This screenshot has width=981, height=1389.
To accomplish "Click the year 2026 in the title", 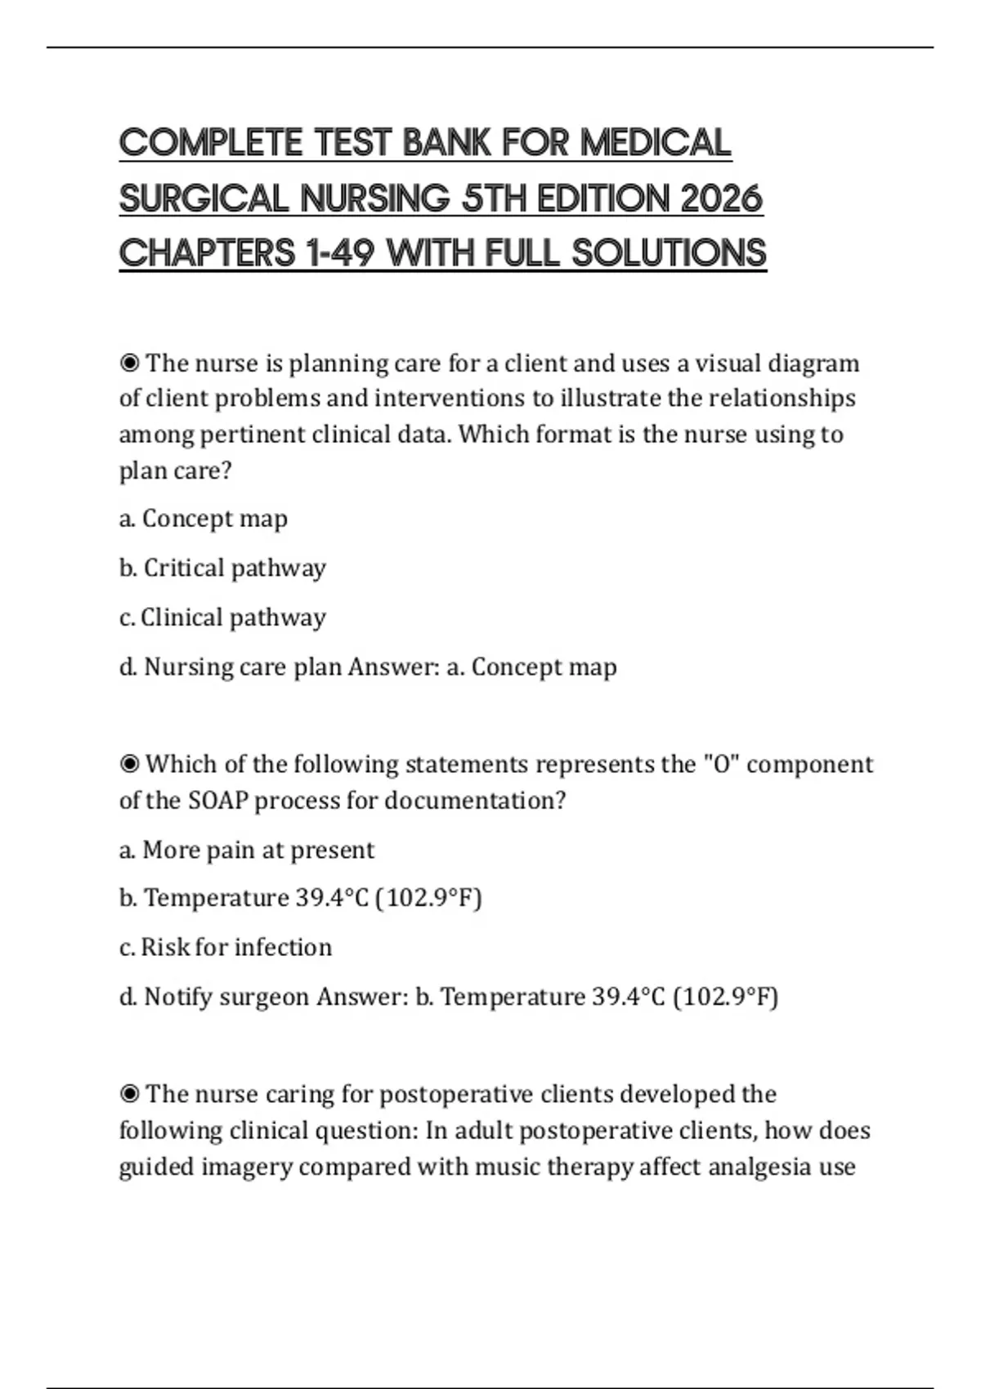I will pos(720,199).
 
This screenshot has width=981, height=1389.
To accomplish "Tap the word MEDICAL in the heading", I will pos(656,143).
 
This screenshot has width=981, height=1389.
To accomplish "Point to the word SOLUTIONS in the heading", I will pos(669,253).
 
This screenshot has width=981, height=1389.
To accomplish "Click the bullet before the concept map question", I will pos(129,363).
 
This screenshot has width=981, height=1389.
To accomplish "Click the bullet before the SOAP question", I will pos(129,764).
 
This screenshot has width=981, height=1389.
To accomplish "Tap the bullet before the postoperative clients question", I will pos(129,1094).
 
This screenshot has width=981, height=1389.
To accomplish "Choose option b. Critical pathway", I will pos(222,568).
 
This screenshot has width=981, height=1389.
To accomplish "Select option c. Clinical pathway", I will pos(222,618).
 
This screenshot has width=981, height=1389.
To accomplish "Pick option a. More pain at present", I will pos(246,850).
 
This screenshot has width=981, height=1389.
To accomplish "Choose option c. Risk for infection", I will pos(226,947).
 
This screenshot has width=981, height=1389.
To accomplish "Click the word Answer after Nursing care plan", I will pos(393,667).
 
